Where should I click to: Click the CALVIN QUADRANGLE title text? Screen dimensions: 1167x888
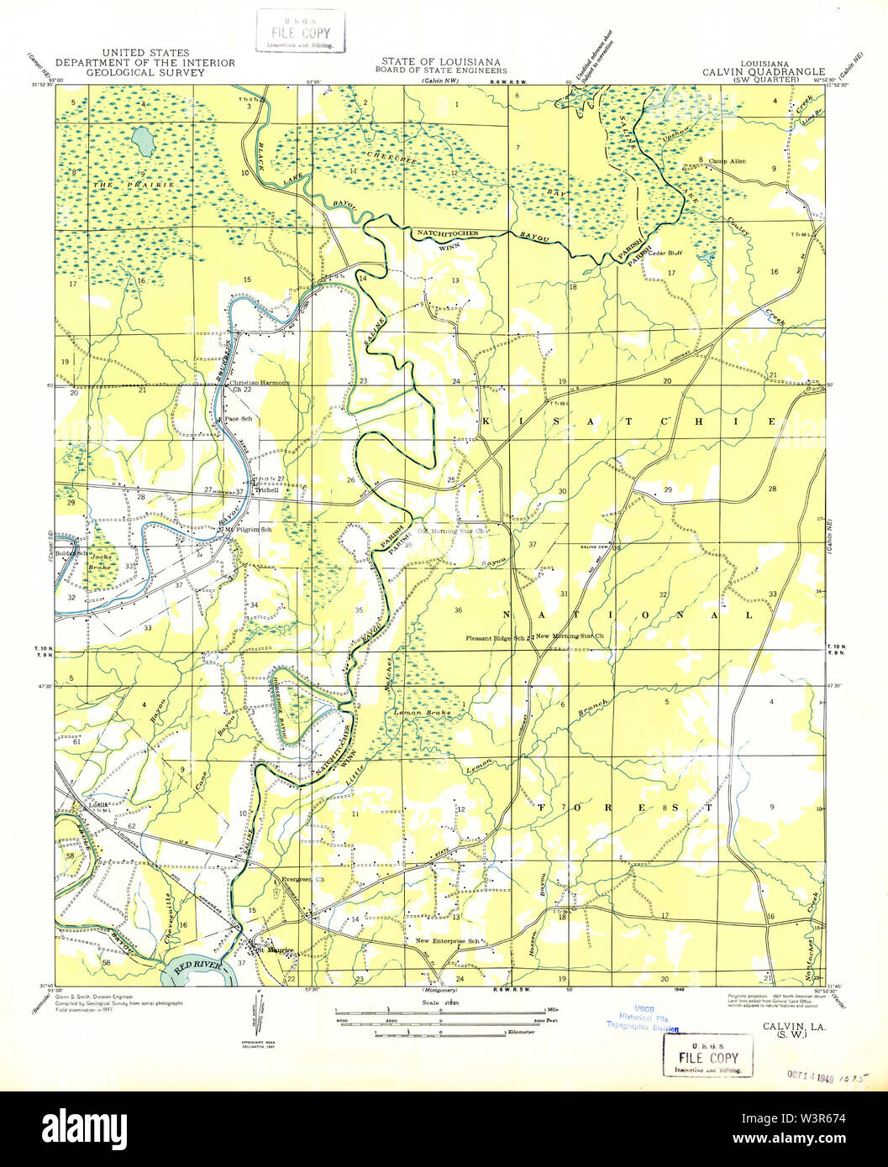coord(764,72)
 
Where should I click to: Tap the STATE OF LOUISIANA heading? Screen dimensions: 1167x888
coord(440,62)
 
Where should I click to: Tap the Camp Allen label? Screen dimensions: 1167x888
coord(727,161)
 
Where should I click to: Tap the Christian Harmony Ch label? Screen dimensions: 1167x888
coord(260,383)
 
